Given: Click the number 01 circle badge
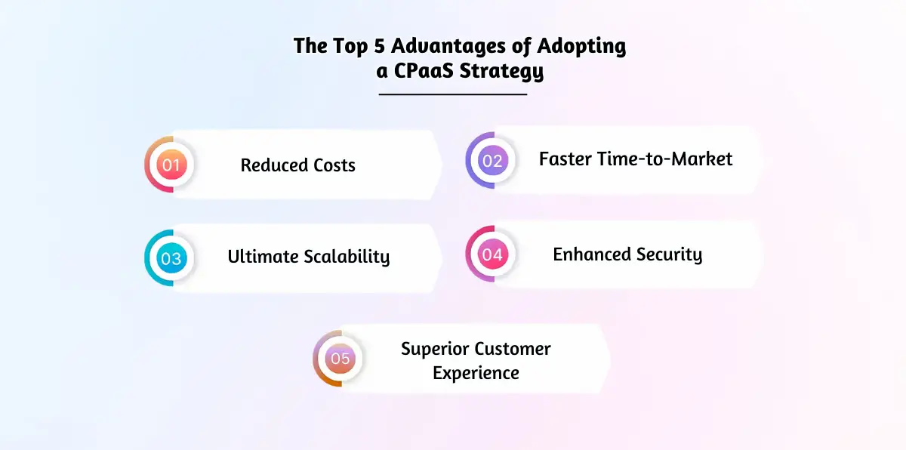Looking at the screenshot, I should pos(171,165).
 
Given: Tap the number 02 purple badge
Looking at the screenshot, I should pos(492,160).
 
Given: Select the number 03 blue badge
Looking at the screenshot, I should pos(171,258).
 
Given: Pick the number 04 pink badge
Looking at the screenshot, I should pos(492,255).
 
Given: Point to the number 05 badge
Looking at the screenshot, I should pos(340,359).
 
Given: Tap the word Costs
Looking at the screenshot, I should pos(333,165).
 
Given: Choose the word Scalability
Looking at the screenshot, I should pos(347,257).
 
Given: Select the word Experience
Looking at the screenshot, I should pos(476,373).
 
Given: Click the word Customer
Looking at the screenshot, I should pos(513,349).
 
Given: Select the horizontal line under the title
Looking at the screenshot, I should pos(452,94).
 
